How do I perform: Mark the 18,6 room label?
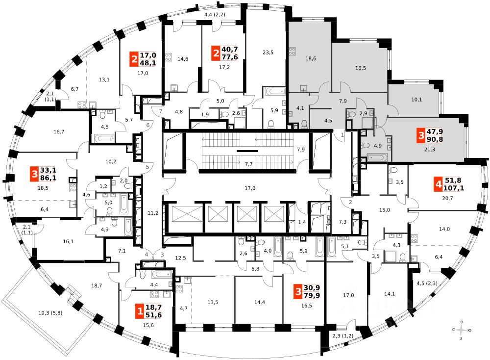click(x=311, y=58)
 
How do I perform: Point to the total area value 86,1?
click(x=48, y=179)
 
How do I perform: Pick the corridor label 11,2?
click(x=153, y=213)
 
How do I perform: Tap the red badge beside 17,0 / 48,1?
click(x=133, y=59)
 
